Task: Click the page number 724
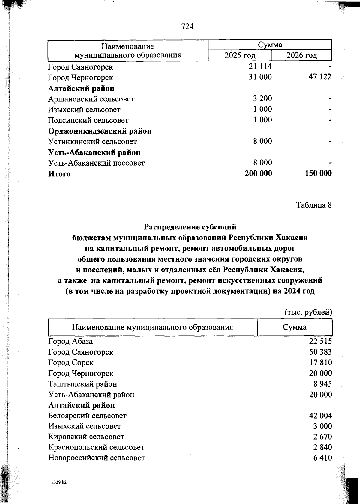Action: point(187,27)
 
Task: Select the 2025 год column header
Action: point(240,55)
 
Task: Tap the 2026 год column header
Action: point(301,55)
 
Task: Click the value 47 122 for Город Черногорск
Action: point(320,77)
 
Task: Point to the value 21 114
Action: point(260,66)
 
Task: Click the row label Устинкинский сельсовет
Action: point(92,142)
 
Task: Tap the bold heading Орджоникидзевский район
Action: point(100,131)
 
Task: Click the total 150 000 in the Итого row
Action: point(318,173)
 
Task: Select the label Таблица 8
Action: point(314,205)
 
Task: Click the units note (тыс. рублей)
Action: point(308,312)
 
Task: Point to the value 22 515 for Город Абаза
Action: point(320,341)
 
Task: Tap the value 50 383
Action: point(320,352)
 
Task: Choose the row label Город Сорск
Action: point(71,363)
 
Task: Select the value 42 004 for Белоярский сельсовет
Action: point(320,416)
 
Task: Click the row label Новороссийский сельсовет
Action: point(97,458)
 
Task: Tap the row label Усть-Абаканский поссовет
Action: point(96,163)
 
